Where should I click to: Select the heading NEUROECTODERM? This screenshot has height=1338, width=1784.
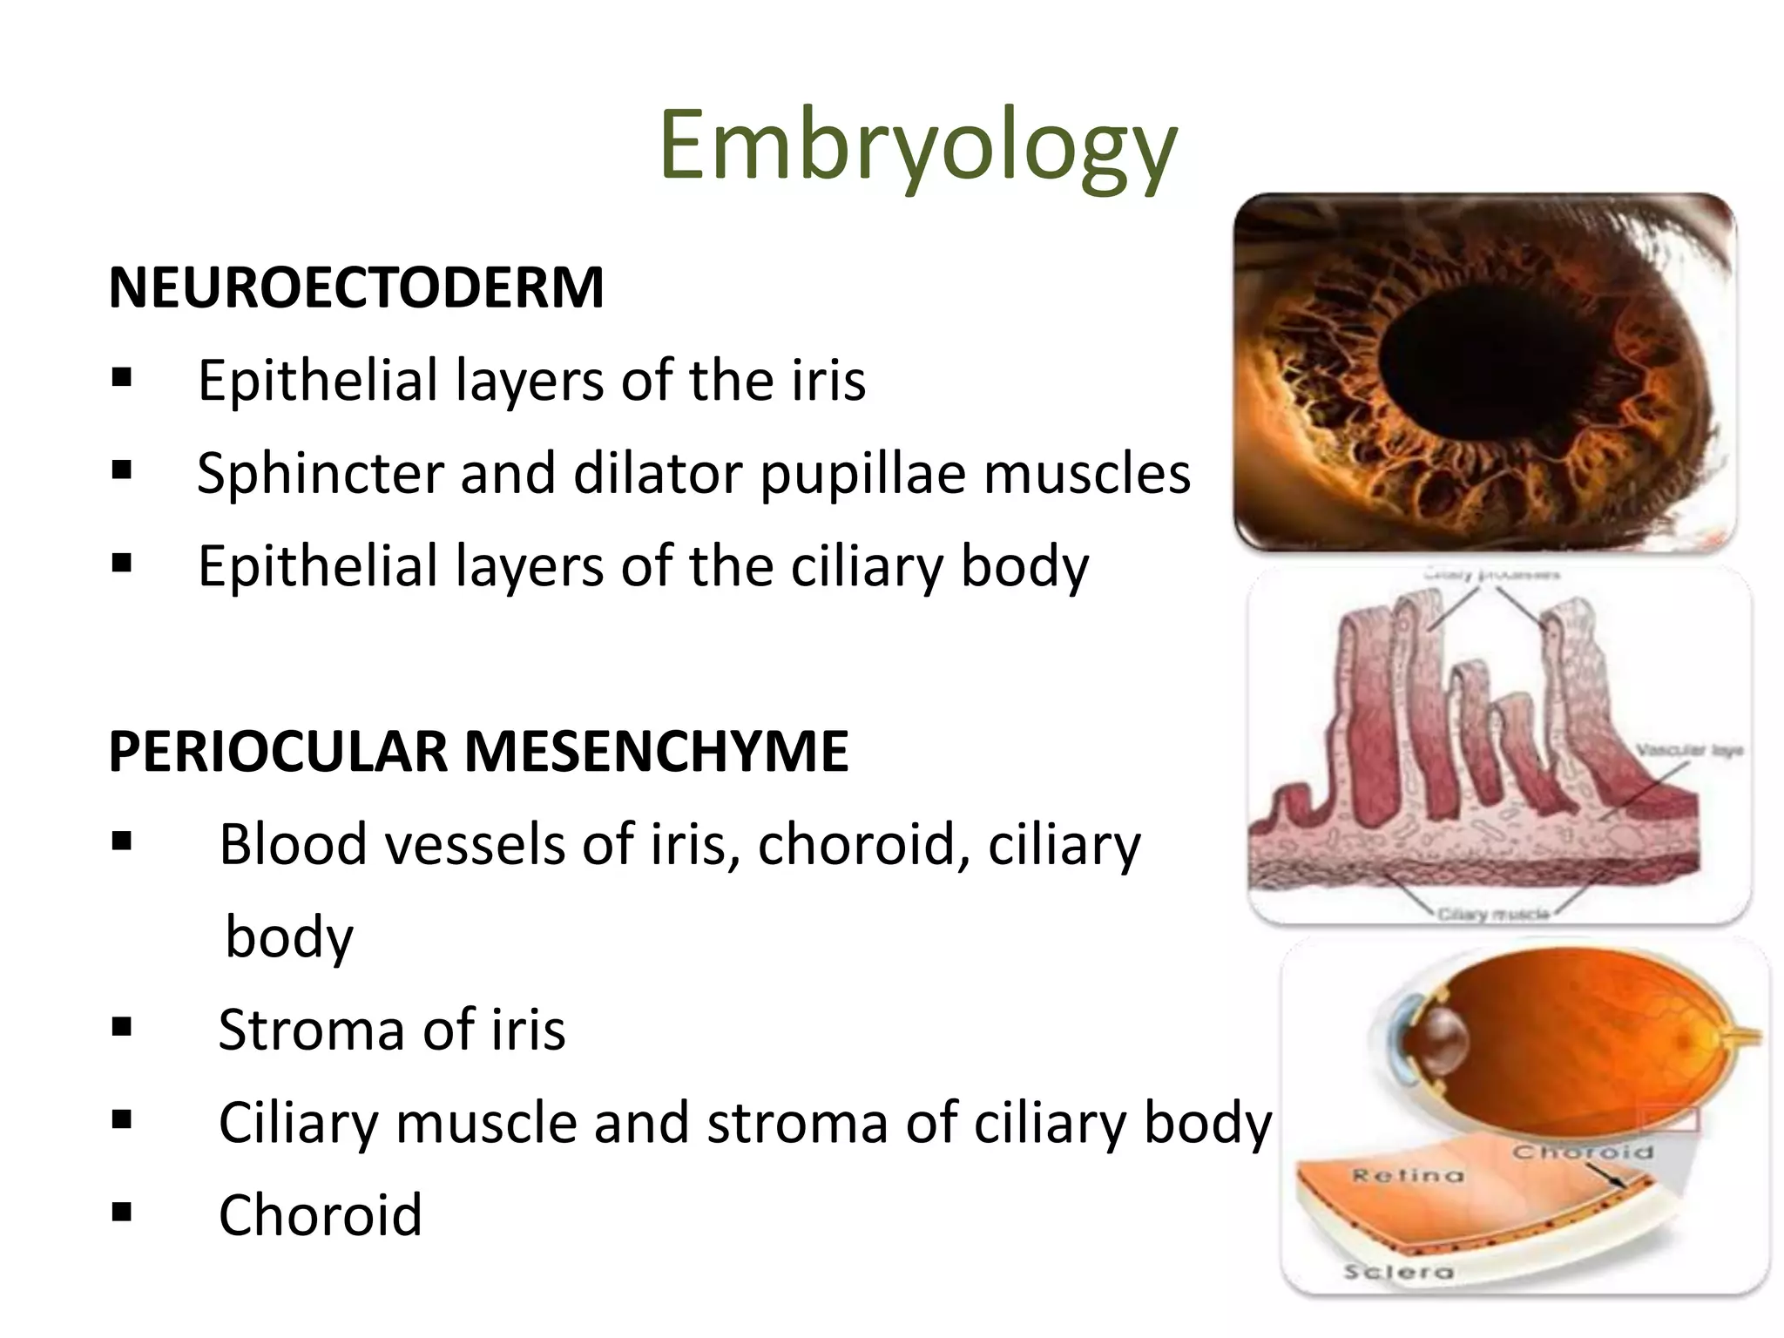[x=356, y=287]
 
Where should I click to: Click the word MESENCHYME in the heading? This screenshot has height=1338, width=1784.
[x=657, y=751]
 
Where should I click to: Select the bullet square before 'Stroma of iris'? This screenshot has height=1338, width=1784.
[x=122, y=1028]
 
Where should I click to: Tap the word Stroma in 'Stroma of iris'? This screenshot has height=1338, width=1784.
[x=311, y=1030]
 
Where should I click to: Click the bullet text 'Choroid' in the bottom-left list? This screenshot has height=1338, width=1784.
[x=320, y=1214]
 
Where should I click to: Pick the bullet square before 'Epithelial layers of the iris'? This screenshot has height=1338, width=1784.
[x=122, y=378]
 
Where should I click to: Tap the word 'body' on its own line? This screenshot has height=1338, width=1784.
[x=289, y=937]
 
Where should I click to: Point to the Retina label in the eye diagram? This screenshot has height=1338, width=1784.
[x=1407, y=1176]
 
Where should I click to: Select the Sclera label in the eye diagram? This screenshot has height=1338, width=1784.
[x=1398, y=1272]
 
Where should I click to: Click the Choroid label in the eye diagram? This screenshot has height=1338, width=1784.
[x=1582, y=1152]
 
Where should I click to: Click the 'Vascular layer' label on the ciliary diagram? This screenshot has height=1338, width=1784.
[x=1688, y=750]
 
